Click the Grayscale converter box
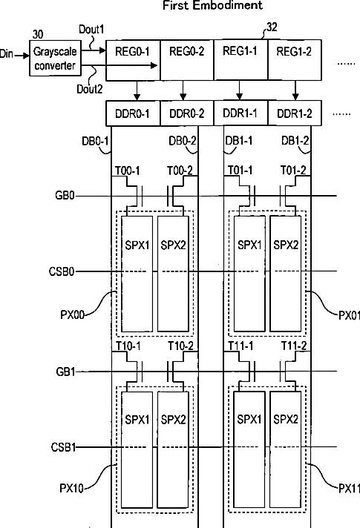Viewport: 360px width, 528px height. tap(55, 58)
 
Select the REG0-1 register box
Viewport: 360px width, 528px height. tap(133, 60)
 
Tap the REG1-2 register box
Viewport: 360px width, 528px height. tap(295, 60)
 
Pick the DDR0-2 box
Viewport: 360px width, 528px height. tap(187, 113)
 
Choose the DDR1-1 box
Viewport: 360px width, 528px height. tap(240, 113)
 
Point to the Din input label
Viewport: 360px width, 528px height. tap(7, 54)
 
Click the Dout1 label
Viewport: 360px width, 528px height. tap(91, 30)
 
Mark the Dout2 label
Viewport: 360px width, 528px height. tap(89, 89)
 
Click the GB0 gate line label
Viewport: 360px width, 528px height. tap(65, 195)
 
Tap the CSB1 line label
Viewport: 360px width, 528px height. tap(63, 447)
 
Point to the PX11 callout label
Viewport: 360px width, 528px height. tap(349, 488)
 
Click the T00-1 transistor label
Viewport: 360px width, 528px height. tap(128, 171)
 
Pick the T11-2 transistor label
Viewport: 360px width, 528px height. tap(294, 346)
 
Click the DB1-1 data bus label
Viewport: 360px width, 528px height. tap(239, 140)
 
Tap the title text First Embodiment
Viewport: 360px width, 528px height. tap(213, 5)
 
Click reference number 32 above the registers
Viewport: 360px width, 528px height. tap(272, 27)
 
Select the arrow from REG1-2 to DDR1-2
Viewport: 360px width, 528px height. tap(295, 90)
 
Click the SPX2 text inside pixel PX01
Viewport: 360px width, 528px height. tap(286, 245)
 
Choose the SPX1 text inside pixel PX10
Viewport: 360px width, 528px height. tap(137, 420)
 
